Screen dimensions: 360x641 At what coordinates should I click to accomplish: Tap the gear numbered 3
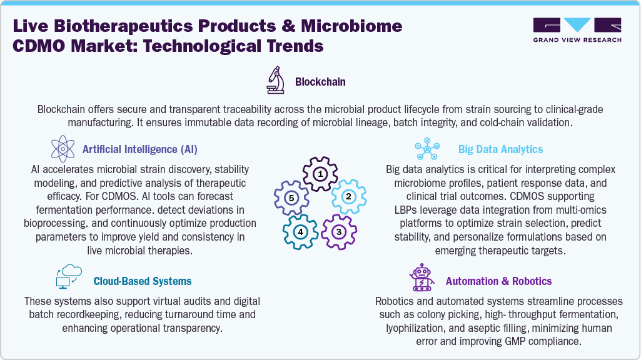(x=338, y=232)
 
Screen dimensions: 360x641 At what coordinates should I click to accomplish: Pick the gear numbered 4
(x=301, y=232)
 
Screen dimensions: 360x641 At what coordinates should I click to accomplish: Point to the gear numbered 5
(x=290, y=197)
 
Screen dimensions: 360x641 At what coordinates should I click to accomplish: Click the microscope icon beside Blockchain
(x=276, y=81)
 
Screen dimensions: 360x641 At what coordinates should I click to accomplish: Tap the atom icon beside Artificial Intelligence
(x=63, y=149)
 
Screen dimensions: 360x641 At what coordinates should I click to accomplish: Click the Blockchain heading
(x=320, y=82)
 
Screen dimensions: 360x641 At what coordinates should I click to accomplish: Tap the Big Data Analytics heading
(x=500, y=149)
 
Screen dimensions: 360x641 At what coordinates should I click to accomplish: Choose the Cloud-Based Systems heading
(x=143, y=281)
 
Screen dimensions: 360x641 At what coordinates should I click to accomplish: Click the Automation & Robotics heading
(x=498, y=281)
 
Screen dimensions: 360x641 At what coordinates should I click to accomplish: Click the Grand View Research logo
(x=577, y=31)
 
